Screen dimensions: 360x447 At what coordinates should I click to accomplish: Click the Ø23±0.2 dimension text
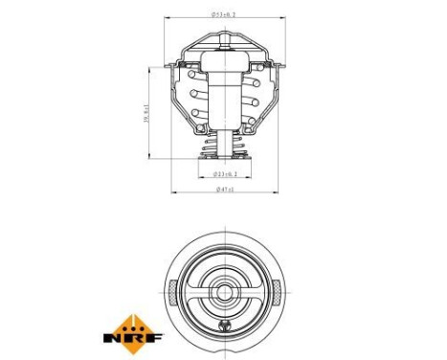(225, 173)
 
